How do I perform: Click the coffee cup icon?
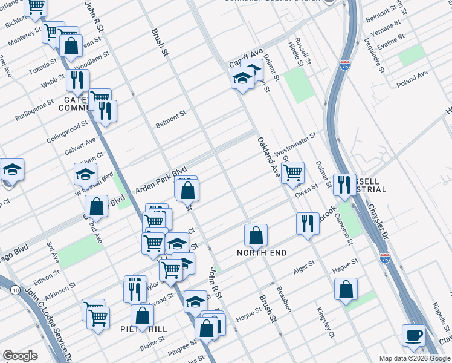pyautogui.click(x=415, y=335)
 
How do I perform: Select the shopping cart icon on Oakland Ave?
pyautogui.click(x=292, y=172)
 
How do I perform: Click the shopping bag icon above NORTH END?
pyautogui.click(x=256, y=235)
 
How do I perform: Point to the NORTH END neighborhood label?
pyautogui.click(x=261, y=252)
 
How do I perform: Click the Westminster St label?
pyautogui.click(x=295, y=143)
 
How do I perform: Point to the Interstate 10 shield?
pyautogui.click(x=14, y=290)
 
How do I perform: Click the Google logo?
pyautogui.click(x=20, y=356)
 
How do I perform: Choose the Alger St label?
pyautogui.click(x=303, y=266)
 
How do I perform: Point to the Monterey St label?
pyautogui.click(x=25, y=36)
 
